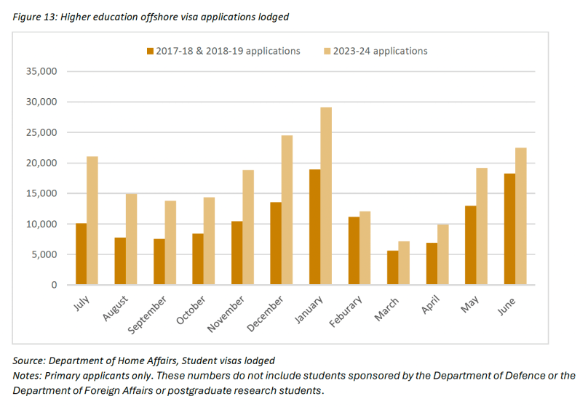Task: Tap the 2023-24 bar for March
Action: (x=403, y=263)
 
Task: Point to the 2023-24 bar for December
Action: (x=287, y=210)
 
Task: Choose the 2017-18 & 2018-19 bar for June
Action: (x=509, y=229)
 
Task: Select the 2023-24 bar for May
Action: (x=482, y=226)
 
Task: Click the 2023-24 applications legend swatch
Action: (x=327, y=51)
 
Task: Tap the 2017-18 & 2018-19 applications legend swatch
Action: (x=150, y=51)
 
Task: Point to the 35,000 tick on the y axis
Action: (x=42, y=71)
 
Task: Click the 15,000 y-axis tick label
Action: (x=42, y=193)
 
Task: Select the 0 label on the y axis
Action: (x=54, y=285)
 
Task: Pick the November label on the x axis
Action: (x=227, y=314)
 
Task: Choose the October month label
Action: (x=191, y=310)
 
